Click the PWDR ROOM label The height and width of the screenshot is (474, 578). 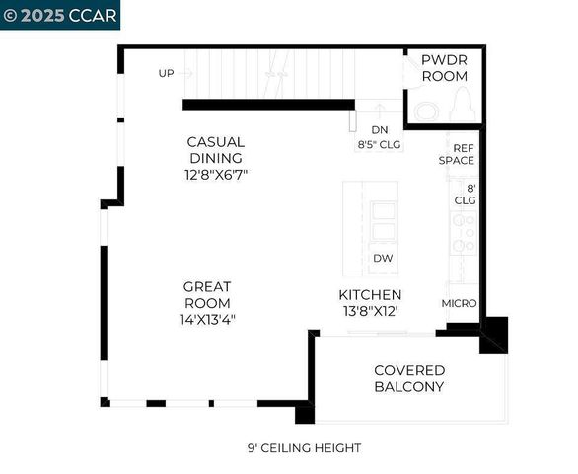444,68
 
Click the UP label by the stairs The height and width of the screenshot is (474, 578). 168,73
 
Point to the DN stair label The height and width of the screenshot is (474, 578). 380,129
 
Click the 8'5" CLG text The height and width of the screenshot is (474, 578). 380,144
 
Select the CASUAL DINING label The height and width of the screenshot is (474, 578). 215,150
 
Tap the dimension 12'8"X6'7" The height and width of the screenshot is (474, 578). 215,175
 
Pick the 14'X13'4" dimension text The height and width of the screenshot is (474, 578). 207,319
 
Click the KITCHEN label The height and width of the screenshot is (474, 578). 370,295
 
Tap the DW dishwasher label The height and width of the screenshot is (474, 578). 384,259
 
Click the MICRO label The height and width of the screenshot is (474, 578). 459,303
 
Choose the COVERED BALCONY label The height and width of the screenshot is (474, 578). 409,378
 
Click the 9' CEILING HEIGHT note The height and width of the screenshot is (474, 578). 304,448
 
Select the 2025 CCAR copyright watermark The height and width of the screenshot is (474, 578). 60,16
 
